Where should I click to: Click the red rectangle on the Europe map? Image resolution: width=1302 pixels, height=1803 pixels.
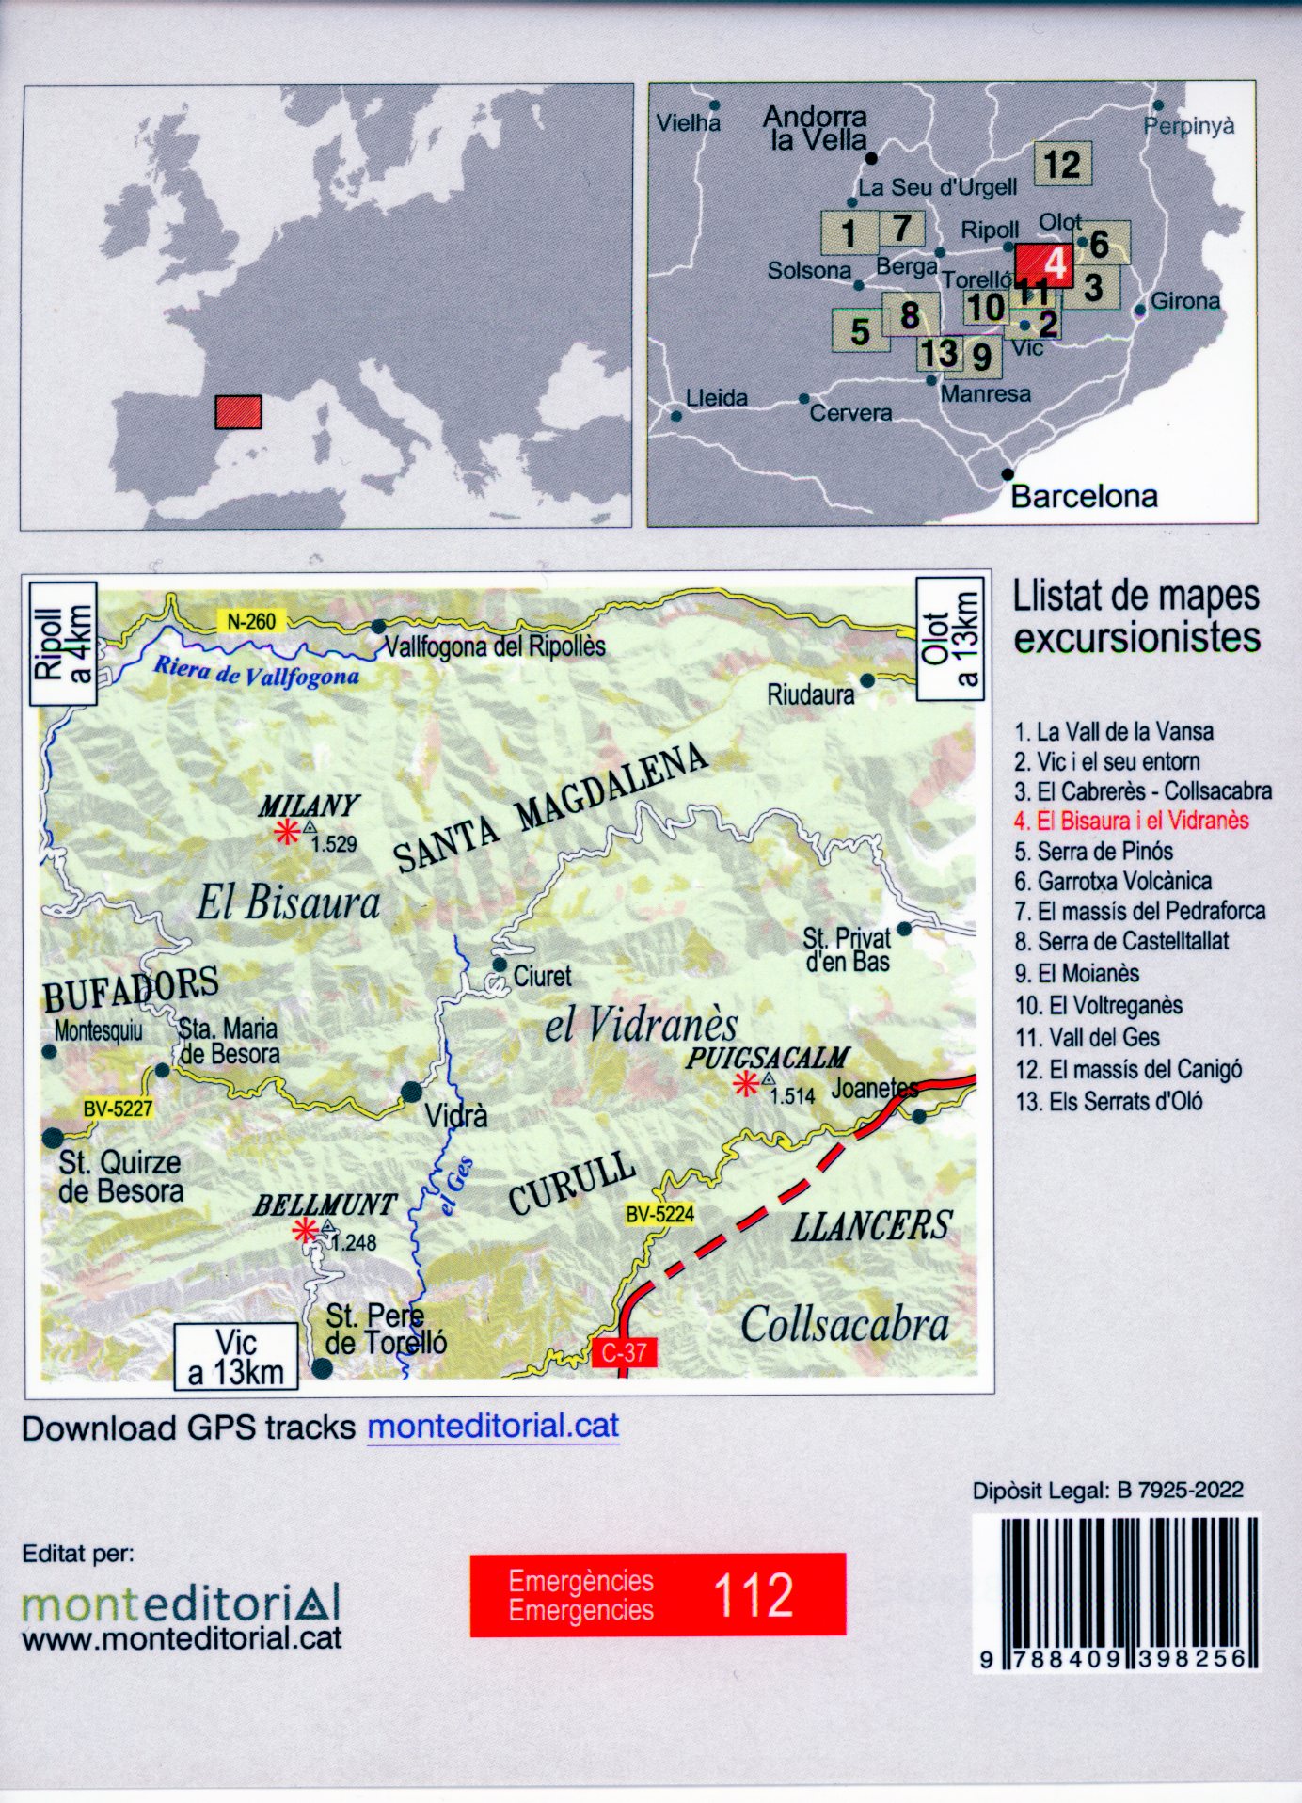click(238, 412)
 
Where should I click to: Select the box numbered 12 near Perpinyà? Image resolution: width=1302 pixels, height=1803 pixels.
click(1062, 165)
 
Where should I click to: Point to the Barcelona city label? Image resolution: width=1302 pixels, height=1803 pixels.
click(1084, 497)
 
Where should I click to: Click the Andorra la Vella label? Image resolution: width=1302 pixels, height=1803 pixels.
click(815, 129)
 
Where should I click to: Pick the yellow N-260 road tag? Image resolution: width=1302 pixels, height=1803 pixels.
click(251, 621)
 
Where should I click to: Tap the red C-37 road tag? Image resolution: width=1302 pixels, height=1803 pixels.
click(624, 1353)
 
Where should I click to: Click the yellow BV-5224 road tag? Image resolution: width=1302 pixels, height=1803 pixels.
click(659, 1214)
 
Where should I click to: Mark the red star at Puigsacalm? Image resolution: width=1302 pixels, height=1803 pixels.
click(746, 1085)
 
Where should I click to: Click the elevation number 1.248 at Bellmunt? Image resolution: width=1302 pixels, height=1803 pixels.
click(354, 1243)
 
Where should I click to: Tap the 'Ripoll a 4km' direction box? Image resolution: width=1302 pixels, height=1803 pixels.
click(63, 644)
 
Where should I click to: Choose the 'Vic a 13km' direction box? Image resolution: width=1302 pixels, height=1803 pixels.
click(236, 1358)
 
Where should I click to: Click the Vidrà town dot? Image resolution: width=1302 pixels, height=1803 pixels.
click(412, 1093)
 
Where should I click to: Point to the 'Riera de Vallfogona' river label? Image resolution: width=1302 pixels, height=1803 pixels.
click(256, 672)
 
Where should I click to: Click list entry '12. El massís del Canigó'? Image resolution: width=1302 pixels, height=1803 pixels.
click(1129, 1070)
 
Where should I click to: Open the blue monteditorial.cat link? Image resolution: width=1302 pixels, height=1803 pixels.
click(493, 1427)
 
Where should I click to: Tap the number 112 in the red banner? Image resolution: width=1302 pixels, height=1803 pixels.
click(753, 1595)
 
